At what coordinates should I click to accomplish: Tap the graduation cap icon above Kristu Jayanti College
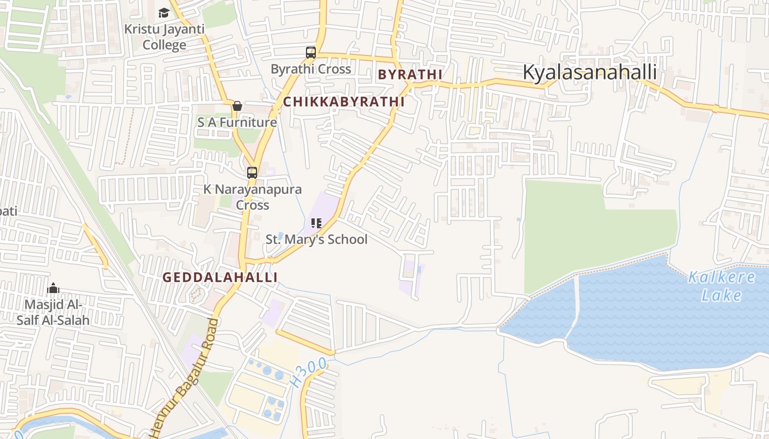164,13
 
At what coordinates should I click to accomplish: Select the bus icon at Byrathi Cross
311,53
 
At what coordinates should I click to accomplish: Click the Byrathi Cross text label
311,69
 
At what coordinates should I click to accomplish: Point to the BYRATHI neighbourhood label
410,75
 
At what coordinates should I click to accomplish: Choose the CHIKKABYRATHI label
344,102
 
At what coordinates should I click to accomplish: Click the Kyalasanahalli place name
589,72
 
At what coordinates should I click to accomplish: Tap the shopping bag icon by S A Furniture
237,106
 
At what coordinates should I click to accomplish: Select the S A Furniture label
237,122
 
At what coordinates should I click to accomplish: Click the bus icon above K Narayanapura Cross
252,173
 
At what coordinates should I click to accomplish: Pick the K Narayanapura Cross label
253,197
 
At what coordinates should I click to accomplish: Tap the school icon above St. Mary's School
316,223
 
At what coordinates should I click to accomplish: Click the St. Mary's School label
316,239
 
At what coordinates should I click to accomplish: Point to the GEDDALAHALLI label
220,278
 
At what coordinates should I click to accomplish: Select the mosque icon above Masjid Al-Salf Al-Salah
53,288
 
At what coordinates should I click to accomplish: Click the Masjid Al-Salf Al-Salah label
53,312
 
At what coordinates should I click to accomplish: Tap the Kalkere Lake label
722,286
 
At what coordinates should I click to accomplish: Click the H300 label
310,372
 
